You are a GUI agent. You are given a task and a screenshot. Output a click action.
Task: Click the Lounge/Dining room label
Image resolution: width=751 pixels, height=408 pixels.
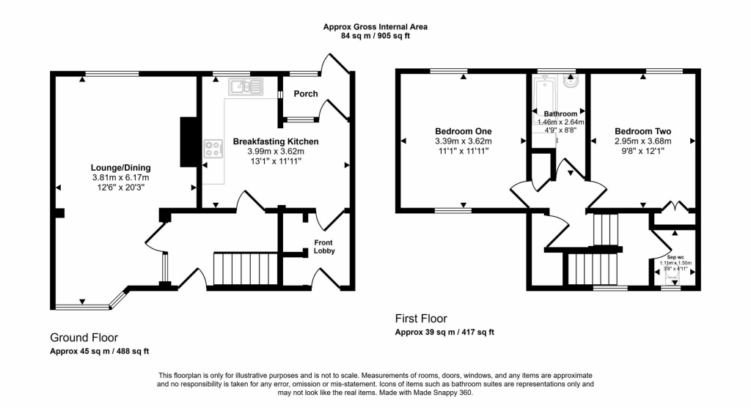[120, 167]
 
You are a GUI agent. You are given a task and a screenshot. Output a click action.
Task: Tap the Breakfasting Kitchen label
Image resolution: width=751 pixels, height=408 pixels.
[275, 141]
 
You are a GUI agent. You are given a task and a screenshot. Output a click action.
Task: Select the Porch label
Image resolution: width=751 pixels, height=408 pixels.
[306, 94]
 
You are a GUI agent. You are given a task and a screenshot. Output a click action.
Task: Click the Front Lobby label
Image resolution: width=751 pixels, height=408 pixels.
[324, 247]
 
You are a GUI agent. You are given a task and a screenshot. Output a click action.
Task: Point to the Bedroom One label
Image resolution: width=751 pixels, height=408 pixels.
[463, 131]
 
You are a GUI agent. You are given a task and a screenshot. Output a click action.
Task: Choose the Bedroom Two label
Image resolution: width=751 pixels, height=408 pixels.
[642, 131]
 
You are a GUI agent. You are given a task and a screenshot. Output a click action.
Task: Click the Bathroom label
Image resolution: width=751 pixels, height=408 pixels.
[560, 114]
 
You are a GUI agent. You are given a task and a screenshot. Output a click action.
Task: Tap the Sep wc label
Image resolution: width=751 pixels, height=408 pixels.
[675, 257]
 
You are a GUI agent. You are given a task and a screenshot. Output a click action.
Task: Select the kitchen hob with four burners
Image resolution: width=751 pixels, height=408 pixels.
[213, 149]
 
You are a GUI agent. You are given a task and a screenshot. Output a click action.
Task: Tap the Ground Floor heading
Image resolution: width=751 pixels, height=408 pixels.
[84, 338]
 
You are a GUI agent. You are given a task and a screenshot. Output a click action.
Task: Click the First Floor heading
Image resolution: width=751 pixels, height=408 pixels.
[421, 319]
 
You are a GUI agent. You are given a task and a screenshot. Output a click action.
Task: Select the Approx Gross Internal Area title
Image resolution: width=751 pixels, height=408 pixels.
[375, 27]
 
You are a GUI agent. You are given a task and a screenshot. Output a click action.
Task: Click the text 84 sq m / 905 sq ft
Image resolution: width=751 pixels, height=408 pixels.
[375, 36]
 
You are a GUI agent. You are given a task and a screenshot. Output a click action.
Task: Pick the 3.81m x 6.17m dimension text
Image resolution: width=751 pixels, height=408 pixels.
[120, 177]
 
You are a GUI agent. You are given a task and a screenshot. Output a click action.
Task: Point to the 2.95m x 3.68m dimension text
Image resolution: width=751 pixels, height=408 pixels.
[642, 141]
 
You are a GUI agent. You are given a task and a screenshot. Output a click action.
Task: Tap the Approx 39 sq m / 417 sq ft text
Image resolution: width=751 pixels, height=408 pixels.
[444, 332]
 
